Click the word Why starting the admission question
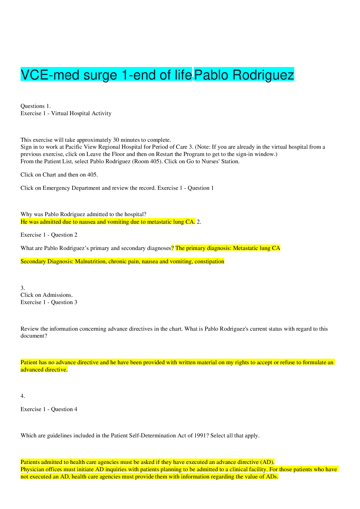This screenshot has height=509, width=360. click(x=26, y=214)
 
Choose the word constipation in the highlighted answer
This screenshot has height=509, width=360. click(x=209, y=261)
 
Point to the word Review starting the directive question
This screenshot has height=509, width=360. click(x=30, y=329)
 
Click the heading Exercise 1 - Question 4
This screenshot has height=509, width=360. click(x=49, y=409)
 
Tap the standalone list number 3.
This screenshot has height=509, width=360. click(x=23, y=288)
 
